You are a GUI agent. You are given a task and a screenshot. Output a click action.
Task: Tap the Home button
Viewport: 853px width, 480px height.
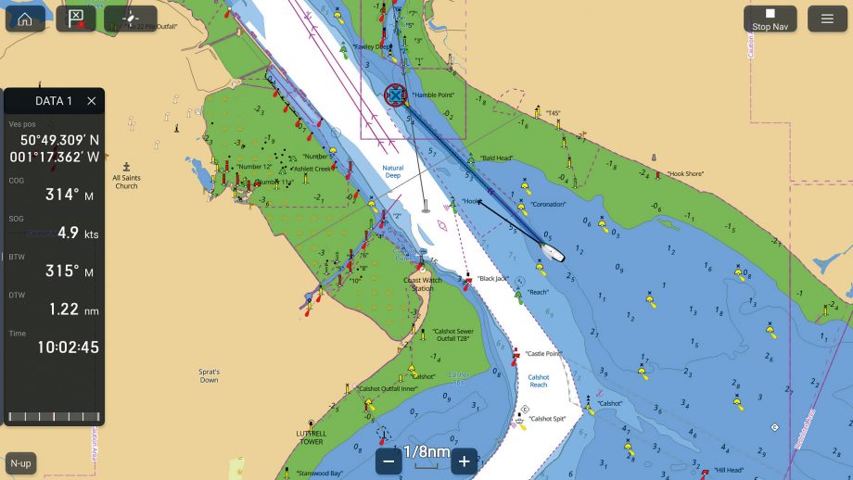(x=25, y=19)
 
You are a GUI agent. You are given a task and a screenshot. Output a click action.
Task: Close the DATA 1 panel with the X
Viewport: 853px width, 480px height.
(x=91, y=101)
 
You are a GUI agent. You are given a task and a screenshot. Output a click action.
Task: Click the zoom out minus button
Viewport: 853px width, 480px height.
(x=389, y=461)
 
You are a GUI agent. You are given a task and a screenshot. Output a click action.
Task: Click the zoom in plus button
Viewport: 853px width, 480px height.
(x=464, y=461)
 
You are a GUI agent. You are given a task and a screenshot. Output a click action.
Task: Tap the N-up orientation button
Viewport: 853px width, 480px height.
(x=19, y=462)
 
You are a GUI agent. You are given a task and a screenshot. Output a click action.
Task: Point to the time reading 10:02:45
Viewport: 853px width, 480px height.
(x=68, y=347)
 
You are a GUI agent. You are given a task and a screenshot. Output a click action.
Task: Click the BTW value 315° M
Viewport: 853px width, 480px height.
(x=65, y=272)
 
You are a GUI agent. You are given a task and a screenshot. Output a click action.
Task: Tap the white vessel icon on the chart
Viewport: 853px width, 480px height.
(x=552, y=252)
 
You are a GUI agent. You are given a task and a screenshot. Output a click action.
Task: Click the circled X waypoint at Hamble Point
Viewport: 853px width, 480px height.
(x=395, y=95)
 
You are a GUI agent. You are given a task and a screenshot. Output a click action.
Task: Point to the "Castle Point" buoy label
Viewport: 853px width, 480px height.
(x=542, y=354)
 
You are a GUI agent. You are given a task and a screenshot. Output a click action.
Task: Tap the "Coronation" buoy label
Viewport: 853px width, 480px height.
(x=548, y=204)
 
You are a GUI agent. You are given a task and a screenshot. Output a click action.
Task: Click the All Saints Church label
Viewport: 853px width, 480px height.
(x=126, y=182)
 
